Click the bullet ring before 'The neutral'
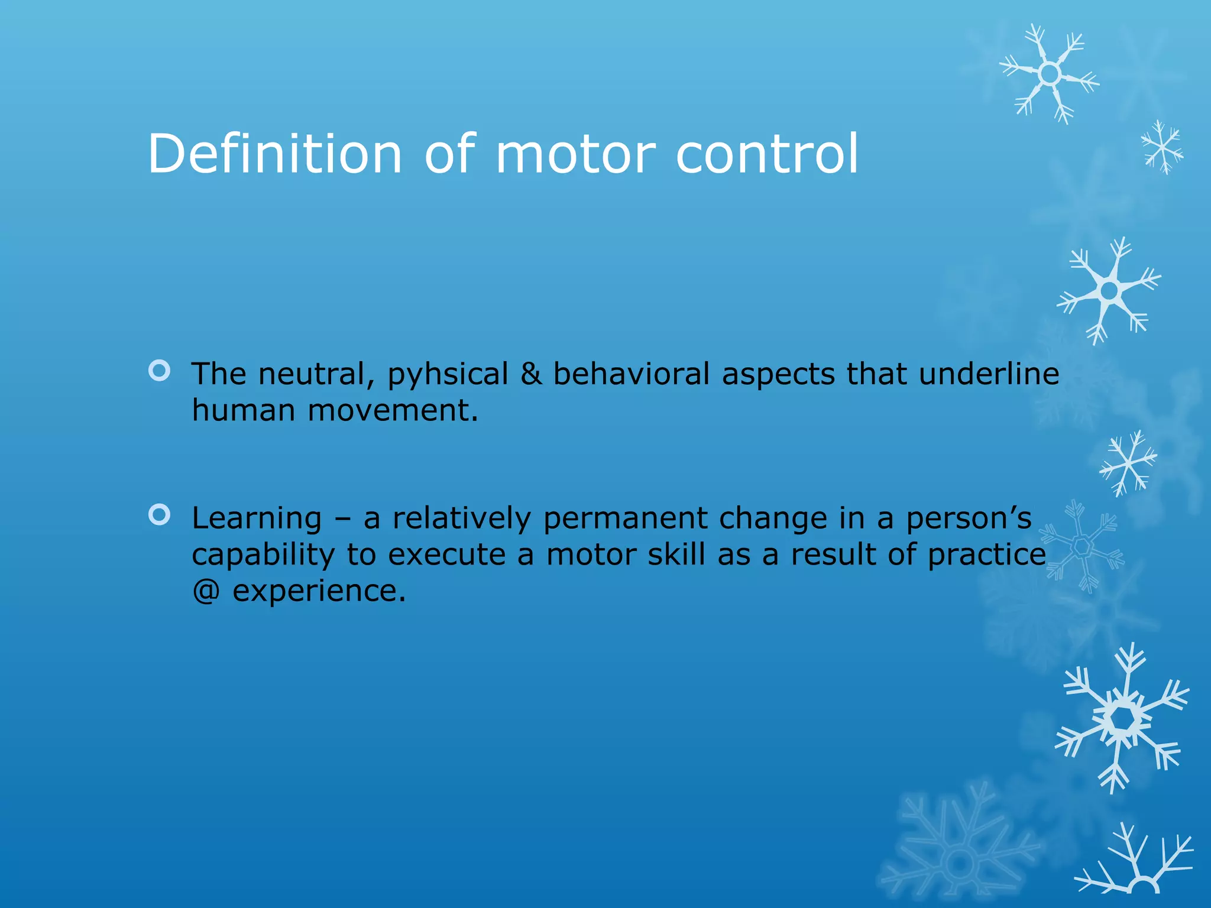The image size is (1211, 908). [x=160, y=371]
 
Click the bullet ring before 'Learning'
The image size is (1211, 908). [x=160, y=515]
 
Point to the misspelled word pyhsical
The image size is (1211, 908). [x=448, y=375]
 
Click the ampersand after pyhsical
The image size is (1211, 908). [x=531, y=374]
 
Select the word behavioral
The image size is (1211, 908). [x=631, y=374]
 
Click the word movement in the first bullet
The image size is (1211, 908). [x=393, y=410]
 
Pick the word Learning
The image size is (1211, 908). [x=257, y=518]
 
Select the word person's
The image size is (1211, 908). [x=969, y=518]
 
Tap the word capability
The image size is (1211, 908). [x=263, y=555]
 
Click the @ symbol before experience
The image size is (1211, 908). [x=206, y=591]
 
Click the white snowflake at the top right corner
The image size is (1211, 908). [x=1050, y=74]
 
